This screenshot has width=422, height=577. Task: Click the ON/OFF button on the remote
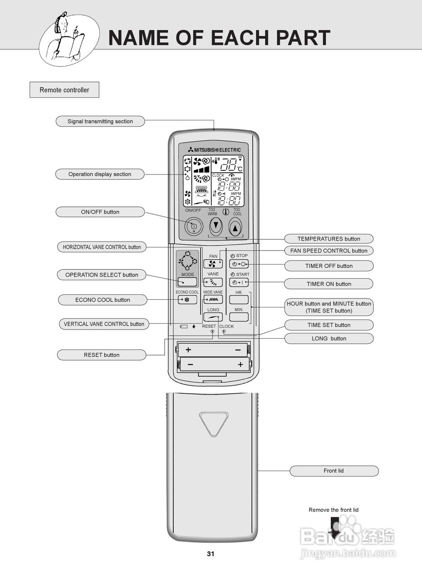(194, 226)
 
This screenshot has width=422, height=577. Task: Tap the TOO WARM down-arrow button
(216, 225)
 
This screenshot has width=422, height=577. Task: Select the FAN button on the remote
(213, 264)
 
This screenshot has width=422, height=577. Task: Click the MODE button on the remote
(187, 282)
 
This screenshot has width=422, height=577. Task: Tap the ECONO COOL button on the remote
(187, 299)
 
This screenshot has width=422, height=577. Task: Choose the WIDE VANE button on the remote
(213, 299)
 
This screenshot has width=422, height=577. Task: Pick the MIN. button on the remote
(239, 316)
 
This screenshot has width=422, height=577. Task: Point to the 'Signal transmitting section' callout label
(100, 121)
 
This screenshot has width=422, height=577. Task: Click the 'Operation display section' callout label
(100, 174)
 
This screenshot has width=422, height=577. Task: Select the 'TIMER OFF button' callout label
(329, 266)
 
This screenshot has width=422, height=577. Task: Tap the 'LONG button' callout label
(329, 339)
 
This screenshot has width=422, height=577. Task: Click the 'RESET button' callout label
(101, 355)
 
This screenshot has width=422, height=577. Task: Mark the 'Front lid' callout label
(334, 471)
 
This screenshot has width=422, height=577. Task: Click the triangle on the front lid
(213, 422)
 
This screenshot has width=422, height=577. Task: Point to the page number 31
(211, 554)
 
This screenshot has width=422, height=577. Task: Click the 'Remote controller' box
(64, 90)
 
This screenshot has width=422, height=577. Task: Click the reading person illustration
(68, 38)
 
